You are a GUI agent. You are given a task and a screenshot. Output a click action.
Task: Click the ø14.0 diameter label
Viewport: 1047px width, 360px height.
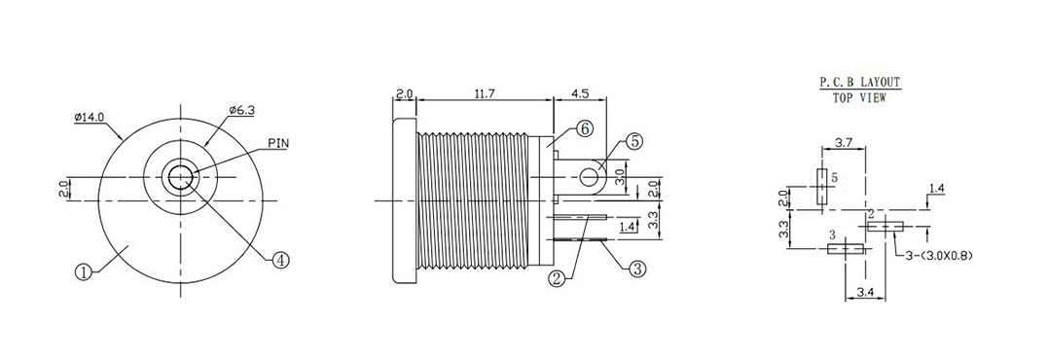(x=90, y=117)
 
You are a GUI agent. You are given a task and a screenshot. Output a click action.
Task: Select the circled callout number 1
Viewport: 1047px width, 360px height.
(x=83, y=272)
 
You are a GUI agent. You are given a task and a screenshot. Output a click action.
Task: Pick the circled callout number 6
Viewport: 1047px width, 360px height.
(x=583, y=128)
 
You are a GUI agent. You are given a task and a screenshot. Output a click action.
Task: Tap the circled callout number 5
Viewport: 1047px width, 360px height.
(x=633, y=142)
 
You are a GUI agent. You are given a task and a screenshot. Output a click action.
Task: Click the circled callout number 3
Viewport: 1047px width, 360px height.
(x=637, y=269)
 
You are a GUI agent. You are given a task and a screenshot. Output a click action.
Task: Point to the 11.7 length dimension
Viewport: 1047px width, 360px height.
(x=485, y=93)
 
